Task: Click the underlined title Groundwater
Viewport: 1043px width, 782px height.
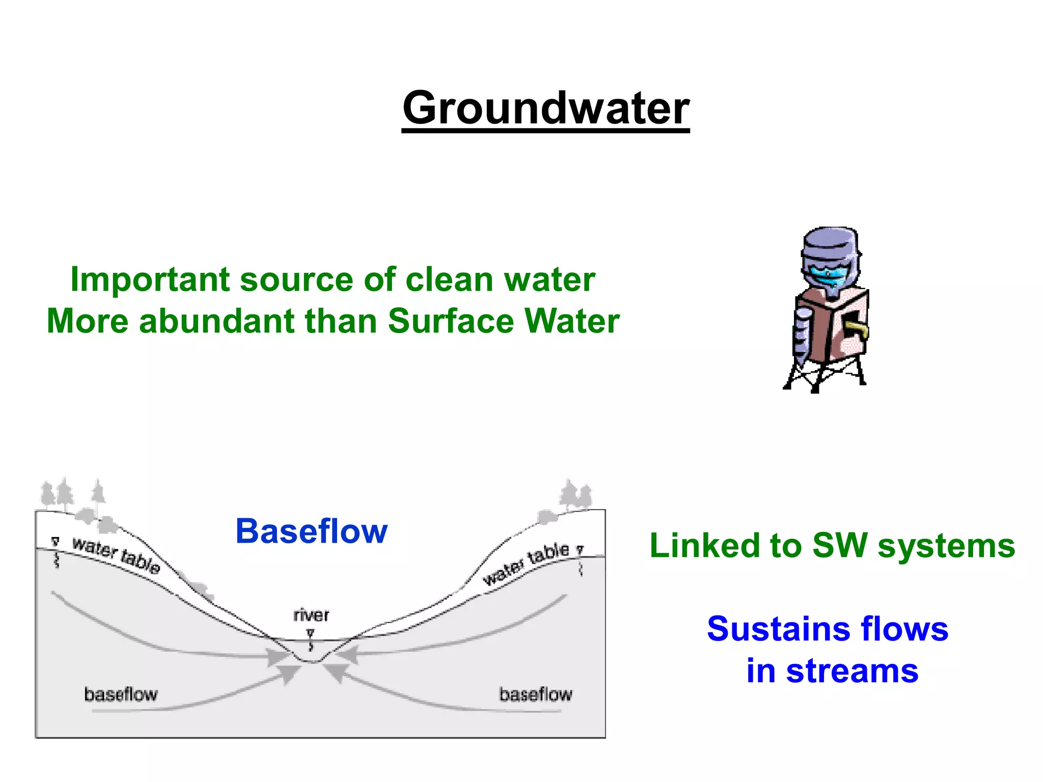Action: [x=545, y=108]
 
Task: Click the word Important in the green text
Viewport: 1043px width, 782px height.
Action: [x=150, y=280]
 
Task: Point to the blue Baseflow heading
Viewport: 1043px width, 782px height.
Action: [x=311, y=532]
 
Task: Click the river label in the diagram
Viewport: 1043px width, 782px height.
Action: [x=311, y=616]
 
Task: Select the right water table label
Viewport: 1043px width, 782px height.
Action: [x=526, y=563]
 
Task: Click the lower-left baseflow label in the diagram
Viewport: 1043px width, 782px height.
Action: [x=121, y=694]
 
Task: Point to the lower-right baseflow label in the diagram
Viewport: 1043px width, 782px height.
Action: [x=535, y=694]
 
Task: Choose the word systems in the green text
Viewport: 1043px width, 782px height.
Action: [x=946, y=546]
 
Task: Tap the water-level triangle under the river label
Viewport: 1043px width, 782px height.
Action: [x=311, y=633]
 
